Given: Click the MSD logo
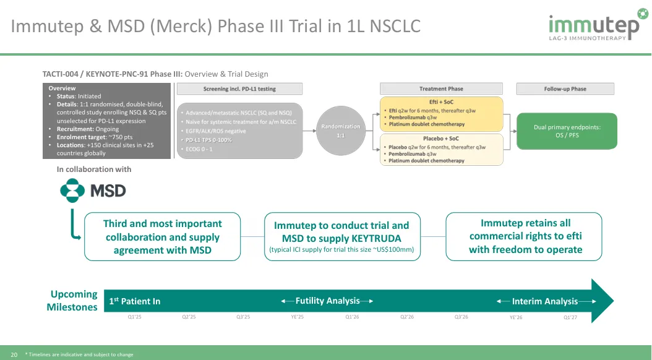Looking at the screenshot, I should tap(93, 191).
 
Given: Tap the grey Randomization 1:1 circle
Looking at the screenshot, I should tap(341, 131).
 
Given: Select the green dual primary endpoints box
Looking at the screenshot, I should tap(567, 131).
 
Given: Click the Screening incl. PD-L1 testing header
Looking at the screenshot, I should tap(239, 89).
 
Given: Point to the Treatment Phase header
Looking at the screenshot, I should tap(441, 89).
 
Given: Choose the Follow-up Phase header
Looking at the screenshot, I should tap(565, 89).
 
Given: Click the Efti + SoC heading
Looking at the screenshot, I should tap(441, 101).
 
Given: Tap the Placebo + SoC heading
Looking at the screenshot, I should tap(441, 139).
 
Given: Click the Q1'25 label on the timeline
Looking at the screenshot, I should tap(135, 317).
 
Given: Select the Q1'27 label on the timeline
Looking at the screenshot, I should tap(570, 317).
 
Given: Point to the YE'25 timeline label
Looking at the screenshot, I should tap(298, 317).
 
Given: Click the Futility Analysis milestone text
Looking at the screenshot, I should tap(327, 301).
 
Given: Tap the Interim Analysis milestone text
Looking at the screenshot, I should tap(544, 301).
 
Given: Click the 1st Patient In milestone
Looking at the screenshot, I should tap(135, 301).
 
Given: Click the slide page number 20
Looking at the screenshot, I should tap(14, 354).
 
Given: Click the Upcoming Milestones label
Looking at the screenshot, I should tap(72, 301).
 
